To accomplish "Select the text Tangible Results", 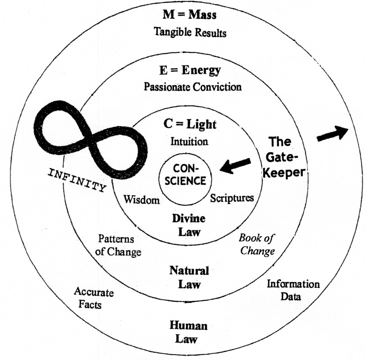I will click(x=190, y=32).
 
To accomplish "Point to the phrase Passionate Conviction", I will click(x=193, y=87).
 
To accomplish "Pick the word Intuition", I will click(x=189, y=142).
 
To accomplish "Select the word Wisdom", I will click(x=141, y=200).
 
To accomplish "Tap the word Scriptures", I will click(x=232, y=198).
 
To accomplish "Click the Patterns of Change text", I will click(x=118, y=245).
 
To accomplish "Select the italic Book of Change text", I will click(x=256, y=245).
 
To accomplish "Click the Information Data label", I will click(x=293, y=290).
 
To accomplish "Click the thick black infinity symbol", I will click(x=90, y=137).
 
